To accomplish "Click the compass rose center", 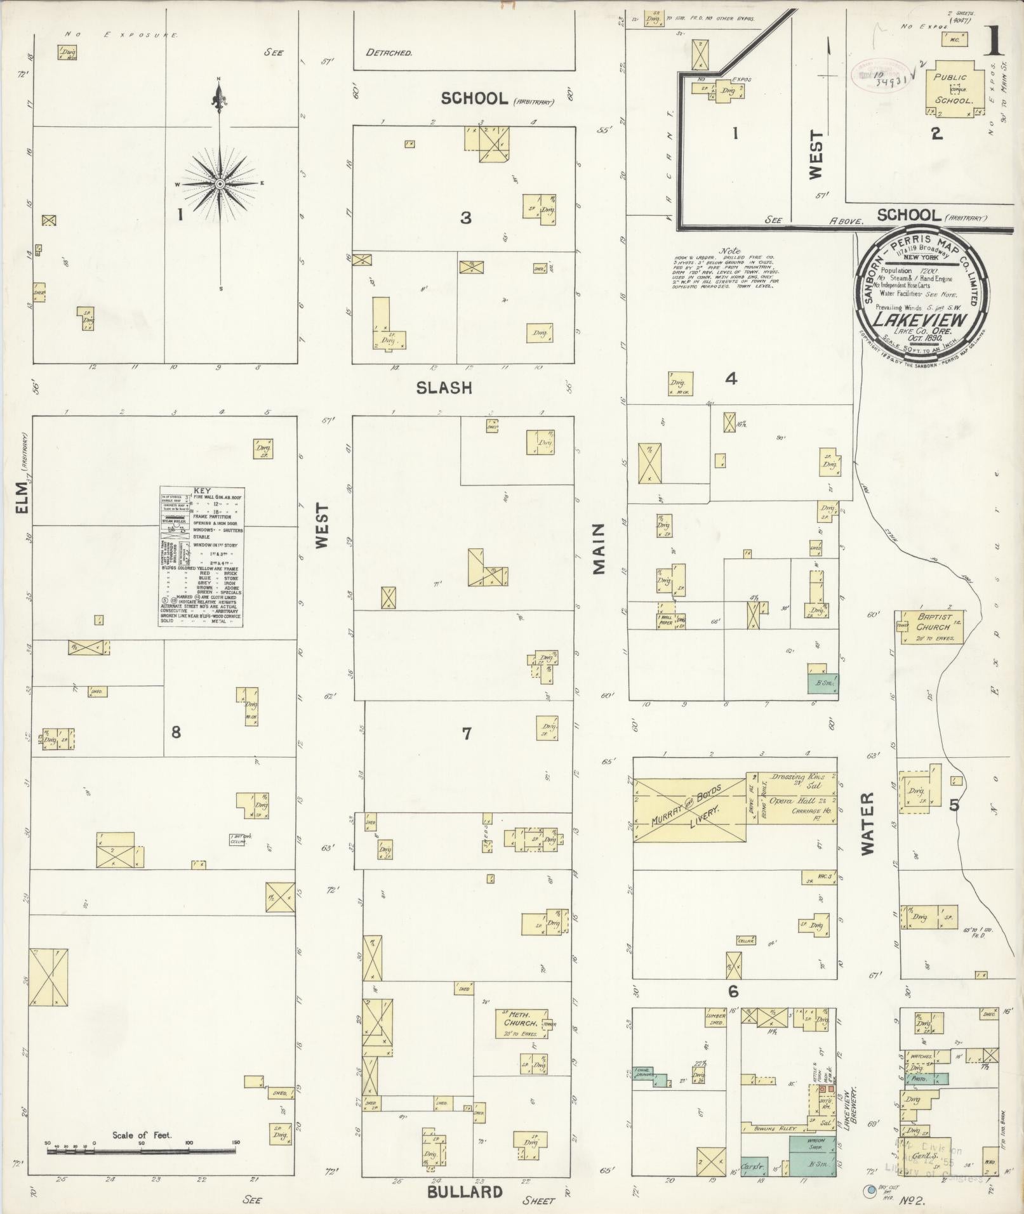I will (x=220, y=183).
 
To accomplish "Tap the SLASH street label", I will (x=444, y=388).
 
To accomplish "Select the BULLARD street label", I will (x=464, y=1191).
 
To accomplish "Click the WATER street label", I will (x=867, y=823).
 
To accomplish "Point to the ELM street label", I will (x=23, y=496).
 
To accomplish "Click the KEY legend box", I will (x=201, y=557).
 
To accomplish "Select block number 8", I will (x=176, y=732).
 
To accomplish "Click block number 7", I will (x=467, y=734).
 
